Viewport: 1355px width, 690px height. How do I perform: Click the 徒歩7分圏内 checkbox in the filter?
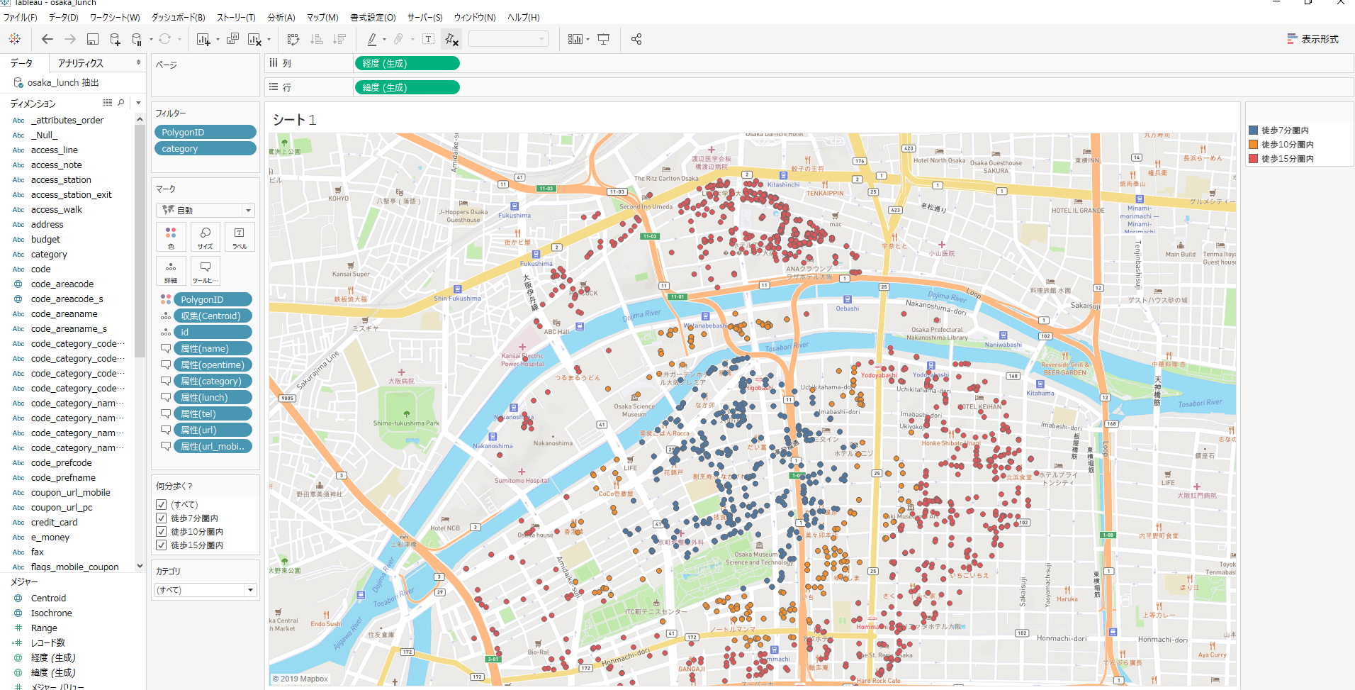[162, 518]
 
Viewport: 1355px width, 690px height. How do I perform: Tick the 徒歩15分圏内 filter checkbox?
[162, 545]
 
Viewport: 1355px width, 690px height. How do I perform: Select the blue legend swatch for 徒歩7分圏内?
[1253, 130]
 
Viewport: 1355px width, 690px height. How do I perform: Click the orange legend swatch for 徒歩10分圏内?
[1253, 145]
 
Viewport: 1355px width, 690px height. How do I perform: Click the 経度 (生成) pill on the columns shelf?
[407, 64]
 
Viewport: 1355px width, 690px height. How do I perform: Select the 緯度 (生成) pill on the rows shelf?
[407, 88]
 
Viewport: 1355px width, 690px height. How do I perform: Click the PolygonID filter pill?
[205, 133]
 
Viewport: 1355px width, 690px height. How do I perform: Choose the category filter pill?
[205, 149]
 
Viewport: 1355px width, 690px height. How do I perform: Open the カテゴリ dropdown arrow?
[250, 590]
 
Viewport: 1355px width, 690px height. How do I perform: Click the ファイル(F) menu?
[20, 17]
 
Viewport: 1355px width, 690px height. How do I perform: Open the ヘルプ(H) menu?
[523, 17]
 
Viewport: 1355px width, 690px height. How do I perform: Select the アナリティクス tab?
[81, 63]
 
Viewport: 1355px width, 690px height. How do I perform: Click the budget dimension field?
[45, 240]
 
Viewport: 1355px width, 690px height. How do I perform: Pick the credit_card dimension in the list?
[54, 523]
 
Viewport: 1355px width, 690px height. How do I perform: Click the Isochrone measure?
[51, 613]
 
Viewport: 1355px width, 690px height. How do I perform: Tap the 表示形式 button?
[1313, 39]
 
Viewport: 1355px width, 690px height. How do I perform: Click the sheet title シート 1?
[294, 120]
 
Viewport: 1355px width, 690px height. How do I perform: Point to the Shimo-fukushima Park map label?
[406, 423]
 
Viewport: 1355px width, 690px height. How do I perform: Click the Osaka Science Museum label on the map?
[634, 410]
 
